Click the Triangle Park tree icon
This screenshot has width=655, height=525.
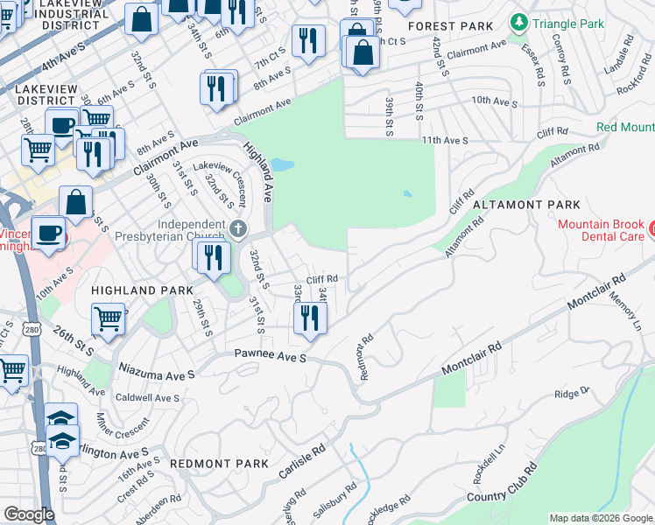(x=519, y=21)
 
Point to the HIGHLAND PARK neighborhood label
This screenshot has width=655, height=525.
(x=130, y=290)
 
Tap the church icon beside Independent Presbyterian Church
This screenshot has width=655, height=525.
(x=239, y=229)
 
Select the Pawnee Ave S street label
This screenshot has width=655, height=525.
(x=269, y=356)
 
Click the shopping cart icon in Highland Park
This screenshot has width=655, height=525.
(x=108, y=320)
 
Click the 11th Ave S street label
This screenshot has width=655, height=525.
(x=444, y=140)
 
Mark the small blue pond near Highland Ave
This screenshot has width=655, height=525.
(x=282, y=164)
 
